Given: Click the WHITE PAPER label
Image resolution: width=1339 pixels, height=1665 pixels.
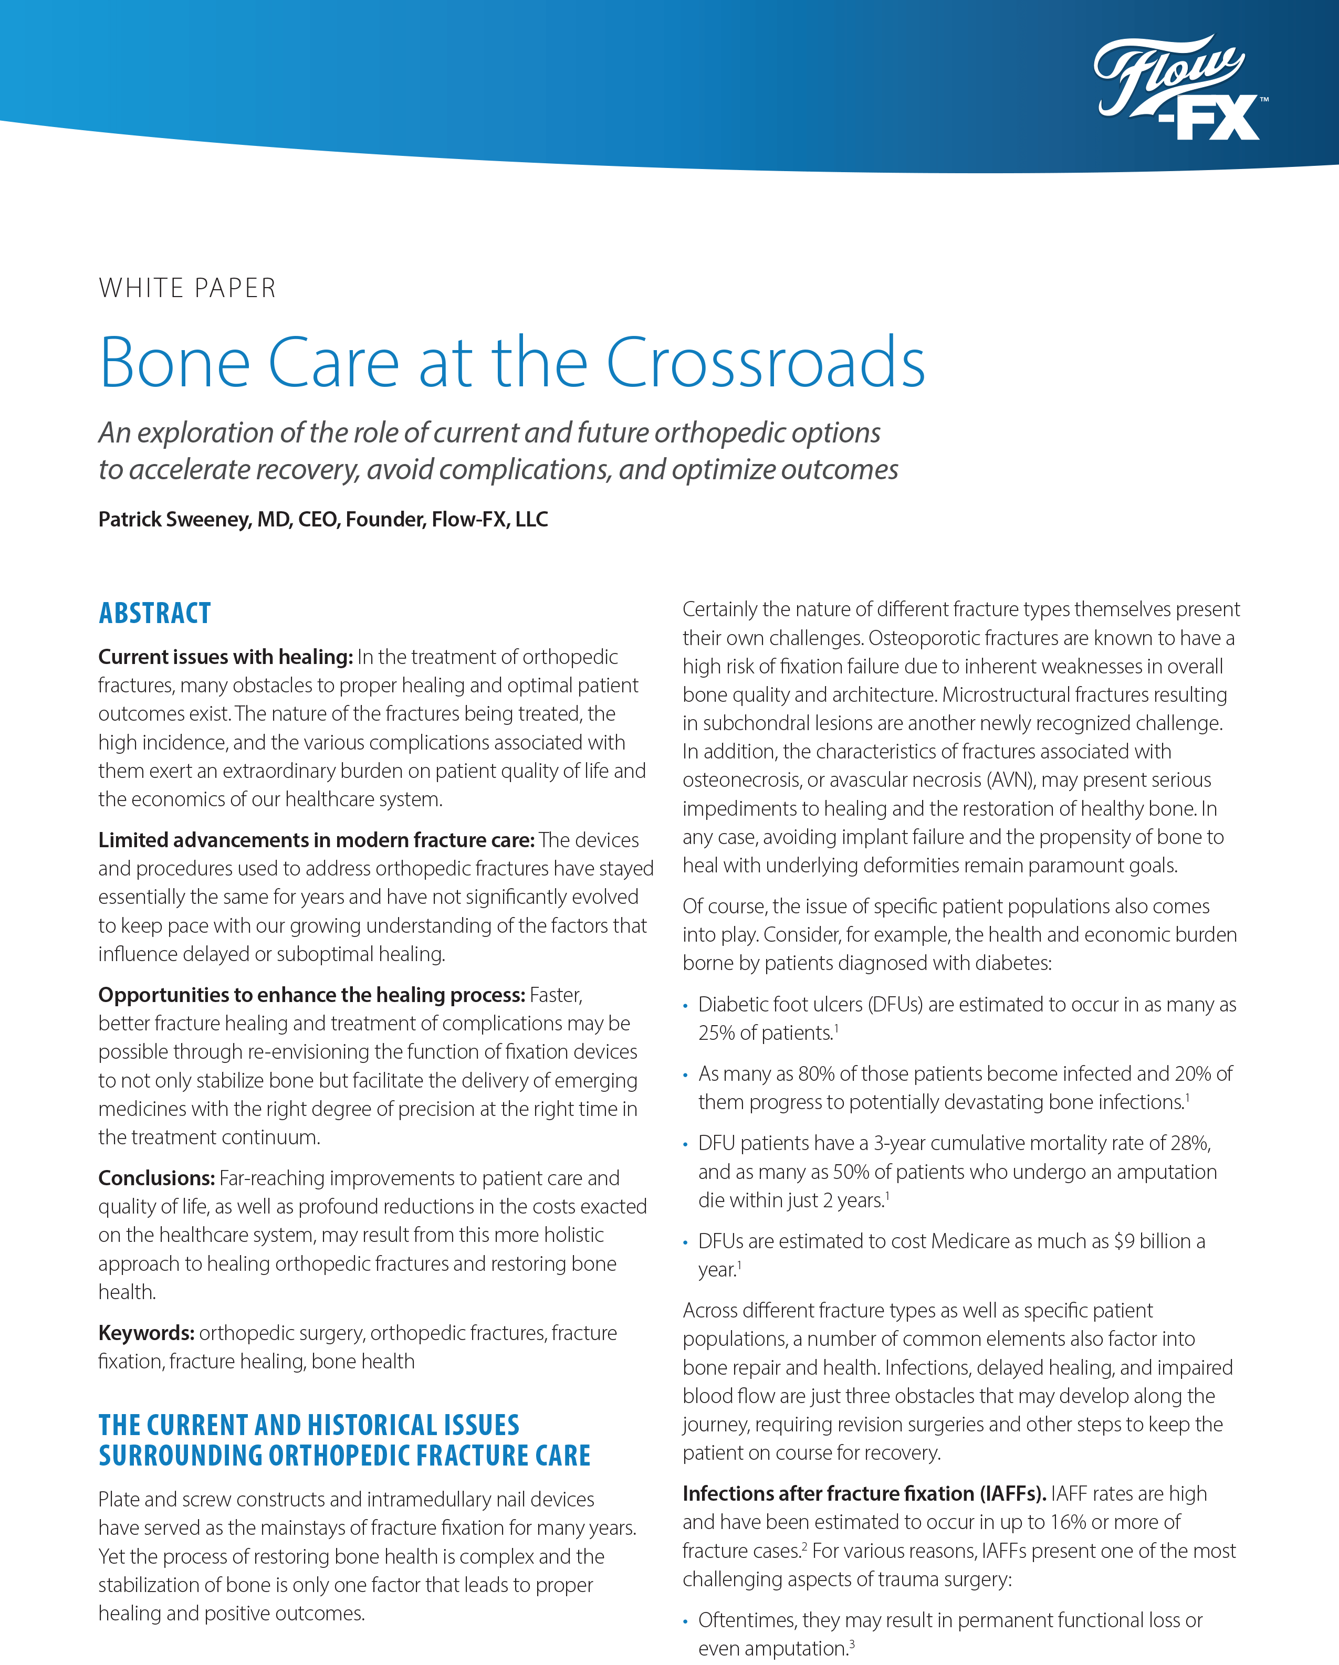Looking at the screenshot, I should tap(187, 288).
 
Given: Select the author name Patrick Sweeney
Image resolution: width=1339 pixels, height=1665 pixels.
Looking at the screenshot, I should tap(174, 520).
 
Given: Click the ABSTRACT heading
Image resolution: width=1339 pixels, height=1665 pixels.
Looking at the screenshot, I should tap(154, 613).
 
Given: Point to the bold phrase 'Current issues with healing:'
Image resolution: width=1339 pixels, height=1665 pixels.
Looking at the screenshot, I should tap(225, 657).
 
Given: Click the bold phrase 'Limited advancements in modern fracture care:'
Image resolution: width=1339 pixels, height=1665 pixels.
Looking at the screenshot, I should tap(316, 840).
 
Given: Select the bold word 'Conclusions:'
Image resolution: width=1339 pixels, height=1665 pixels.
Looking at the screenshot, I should tap(156, 1178).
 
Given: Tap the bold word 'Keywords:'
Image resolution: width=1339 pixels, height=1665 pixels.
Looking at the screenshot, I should tap(146, 1333).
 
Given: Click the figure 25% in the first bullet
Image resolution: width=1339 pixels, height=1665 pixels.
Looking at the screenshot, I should tap(716, 1034).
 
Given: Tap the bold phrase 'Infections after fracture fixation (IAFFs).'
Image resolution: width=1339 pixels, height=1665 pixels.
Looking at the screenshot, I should tap(864, 1493).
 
